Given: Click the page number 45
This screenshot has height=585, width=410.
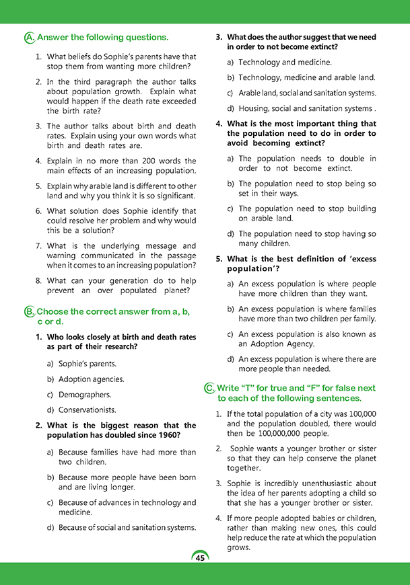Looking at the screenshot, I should [x=200, y=557].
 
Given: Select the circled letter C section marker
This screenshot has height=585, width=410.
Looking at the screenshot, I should [x=209, y=388].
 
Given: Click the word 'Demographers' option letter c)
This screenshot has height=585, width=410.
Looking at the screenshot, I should [x=50, y=395].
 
